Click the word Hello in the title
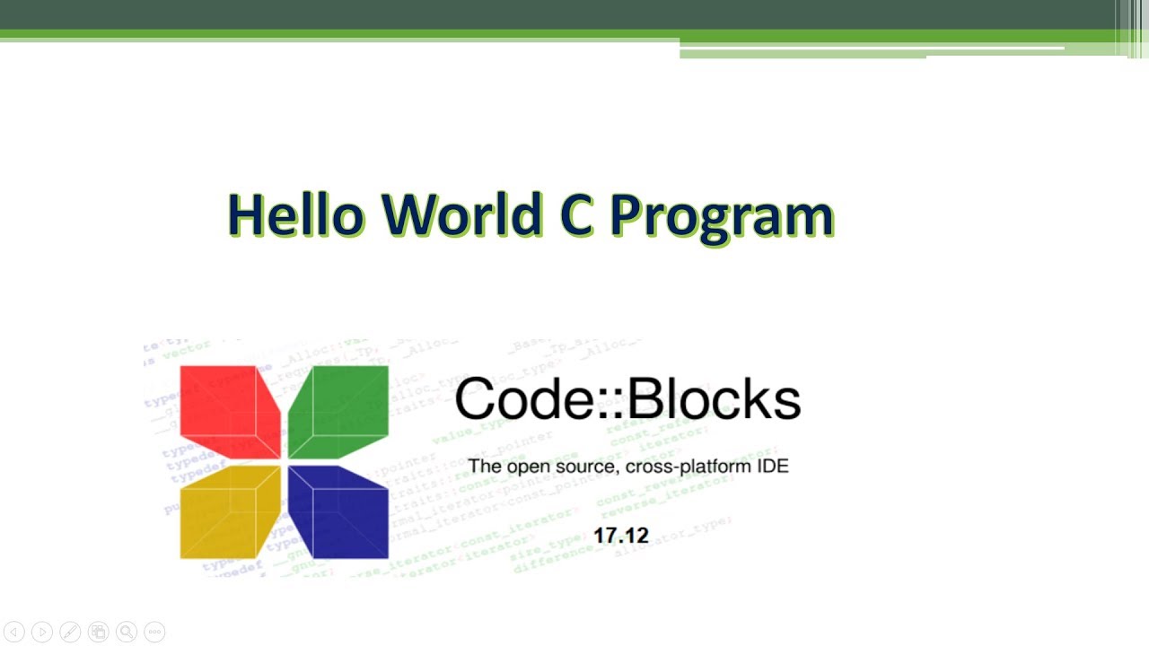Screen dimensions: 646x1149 coord(295,215)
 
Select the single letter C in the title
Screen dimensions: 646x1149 coord(574,215)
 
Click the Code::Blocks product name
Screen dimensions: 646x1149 coord(627,399)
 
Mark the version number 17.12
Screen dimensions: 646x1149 coord(620,536)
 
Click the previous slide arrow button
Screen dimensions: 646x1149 coord(13,633)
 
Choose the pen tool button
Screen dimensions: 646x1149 coord(70,633)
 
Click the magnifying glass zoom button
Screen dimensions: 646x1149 coord(127,633)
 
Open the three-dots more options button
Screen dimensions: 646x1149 coord(154,633)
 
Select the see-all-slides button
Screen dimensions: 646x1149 coord(99,633)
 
